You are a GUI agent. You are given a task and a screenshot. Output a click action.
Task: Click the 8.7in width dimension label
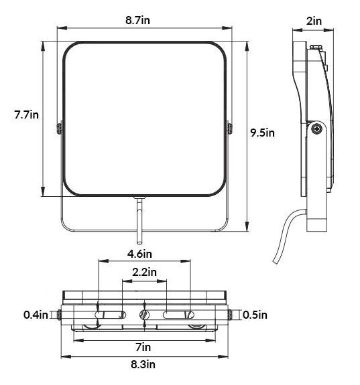[x=137, y=20]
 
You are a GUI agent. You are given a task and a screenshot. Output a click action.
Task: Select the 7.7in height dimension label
[x=26, y=114]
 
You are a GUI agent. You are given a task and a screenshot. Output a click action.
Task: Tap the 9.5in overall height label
[x=262, y=133]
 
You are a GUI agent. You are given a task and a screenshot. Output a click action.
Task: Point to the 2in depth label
[x=314, y=21]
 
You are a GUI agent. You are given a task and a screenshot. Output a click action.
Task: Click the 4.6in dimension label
[x=139, y=254]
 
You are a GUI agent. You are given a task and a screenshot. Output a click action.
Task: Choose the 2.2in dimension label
[x=144, y=272]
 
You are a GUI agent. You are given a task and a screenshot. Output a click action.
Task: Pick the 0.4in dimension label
[x=36, y=315]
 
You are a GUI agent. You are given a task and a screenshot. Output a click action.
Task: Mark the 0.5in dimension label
[x=255, y=315]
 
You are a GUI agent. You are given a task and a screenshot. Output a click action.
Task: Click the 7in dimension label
[x=143, y=347]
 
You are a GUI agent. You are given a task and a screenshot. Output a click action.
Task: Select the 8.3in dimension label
[x=143, y=364]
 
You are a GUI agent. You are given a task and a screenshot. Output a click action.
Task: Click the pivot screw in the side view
[x=316, y=129]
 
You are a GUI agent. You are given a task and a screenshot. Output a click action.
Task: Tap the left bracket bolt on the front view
[x=59, y=129]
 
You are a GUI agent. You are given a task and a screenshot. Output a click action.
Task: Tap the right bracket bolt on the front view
[x=230, y=129]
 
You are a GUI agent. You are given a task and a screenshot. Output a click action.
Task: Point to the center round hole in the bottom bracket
[x=144, y=315]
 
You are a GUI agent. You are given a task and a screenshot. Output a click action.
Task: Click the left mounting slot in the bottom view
[x=111, y=315]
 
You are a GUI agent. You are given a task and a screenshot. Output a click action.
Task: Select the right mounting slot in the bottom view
[x=178, y=315]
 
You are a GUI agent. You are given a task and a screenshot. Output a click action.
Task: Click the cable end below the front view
[x=139, y=242]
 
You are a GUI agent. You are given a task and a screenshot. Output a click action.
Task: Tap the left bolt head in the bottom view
[x=59, y=315]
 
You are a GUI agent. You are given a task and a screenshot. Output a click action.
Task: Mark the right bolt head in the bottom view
[x=230, y=315]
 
